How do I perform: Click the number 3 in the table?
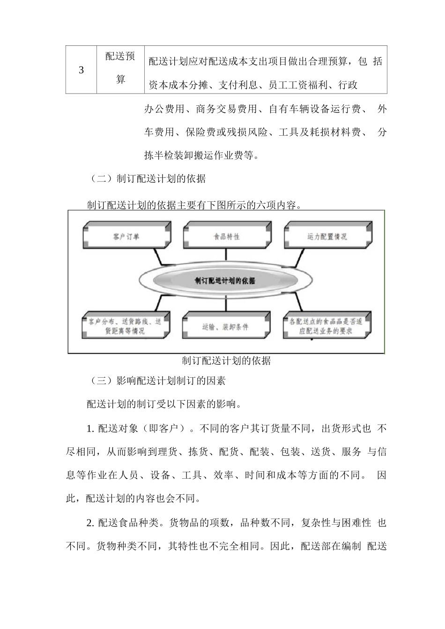pyautogui.click(x=81, y=70)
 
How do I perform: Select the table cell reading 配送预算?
pyautogui.click(x=120, y=68)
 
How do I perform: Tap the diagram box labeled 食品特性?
pyautogui.click(x=226, y=237)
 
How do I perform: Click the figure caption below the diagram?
pyautogui.click(x=226, y=361)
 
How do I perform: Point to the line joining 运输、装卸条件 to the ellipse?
pyautogui.click(x=226, y=304)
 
